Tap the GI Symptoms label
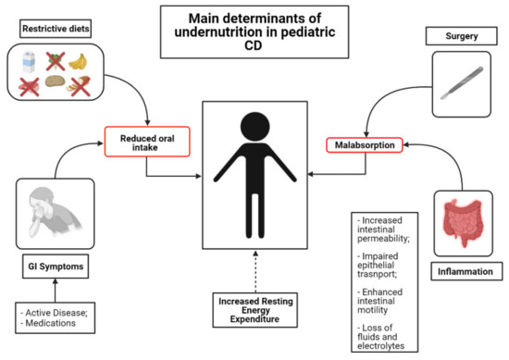[x=56, y=269]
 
